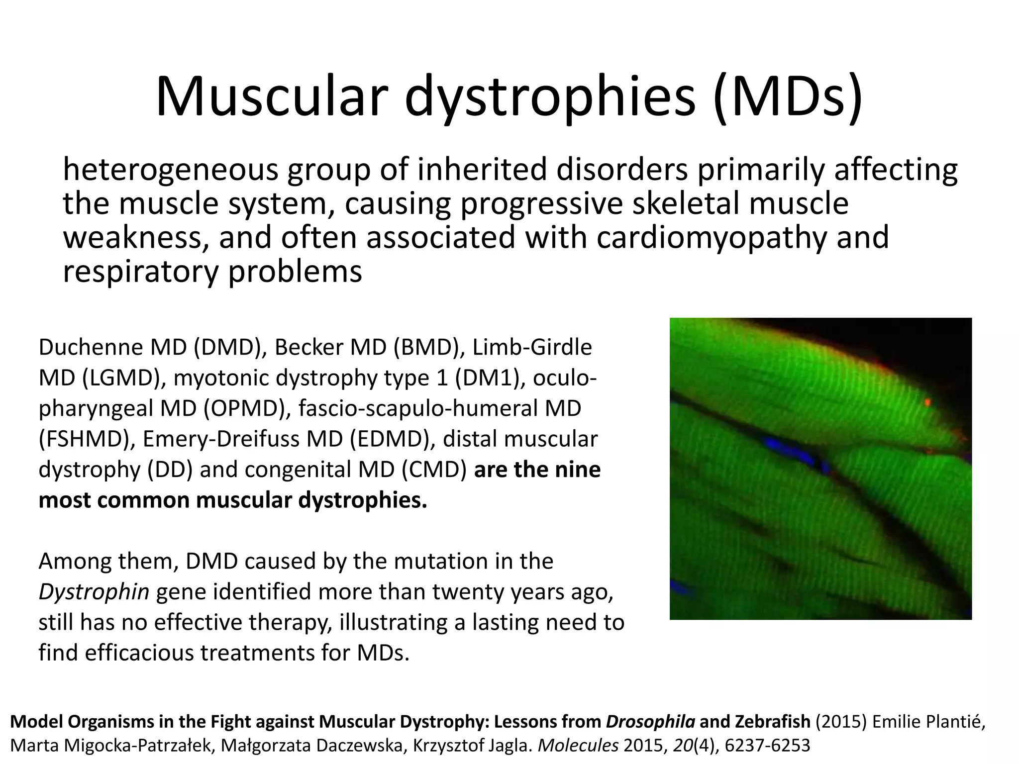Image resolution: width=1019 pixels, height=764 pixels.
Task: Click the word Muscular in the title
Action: [x=271, y=96]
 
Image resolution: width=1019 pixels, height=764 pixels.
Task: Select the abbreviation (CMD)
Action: [x=433, y=470]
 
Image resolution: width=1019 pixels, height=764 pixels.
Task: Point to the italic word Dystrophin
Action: [x=94, y=591]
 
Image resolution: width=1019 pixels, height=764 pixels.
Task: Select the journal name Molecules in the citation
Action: [x=578, y=745]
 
